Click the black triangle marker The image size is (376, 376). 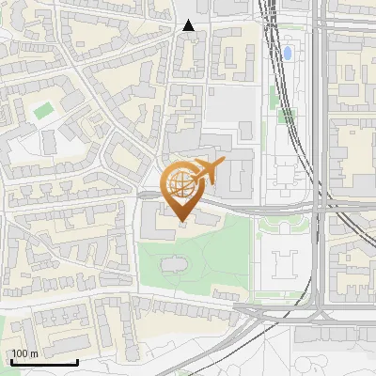tap(189, 26)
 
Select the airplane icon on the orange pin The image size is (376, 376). tap(207, 170)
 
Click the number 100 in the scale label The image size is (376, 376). tap(20, 353)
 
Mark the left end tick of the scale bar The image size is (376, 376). tap(11, 362)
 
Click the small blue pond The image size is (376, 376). tap(288, 53)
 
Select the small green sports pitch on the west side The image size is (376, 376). tap(42, 111)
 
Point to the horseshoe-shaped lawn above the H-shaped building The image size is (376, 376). tap(284, 224)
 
